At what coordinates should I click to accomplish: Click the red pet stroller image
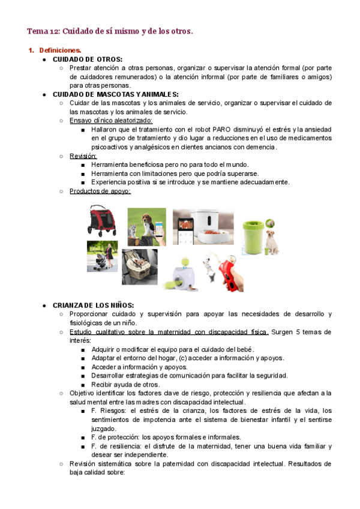104,222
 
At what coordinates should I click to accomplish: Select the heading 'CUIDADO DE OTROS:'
87,59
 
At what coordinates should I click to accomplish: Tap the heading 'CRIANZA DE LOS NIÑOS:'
93,306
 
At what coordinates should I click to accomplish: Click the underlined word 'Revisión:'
83,155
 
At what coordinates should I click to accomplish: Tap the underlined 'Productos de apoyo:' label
100,191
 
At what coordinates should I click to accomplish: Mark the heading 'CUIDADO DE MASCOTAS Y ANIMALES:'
115,94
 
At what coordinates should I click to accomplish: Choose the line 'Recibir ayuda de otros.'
125,384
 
